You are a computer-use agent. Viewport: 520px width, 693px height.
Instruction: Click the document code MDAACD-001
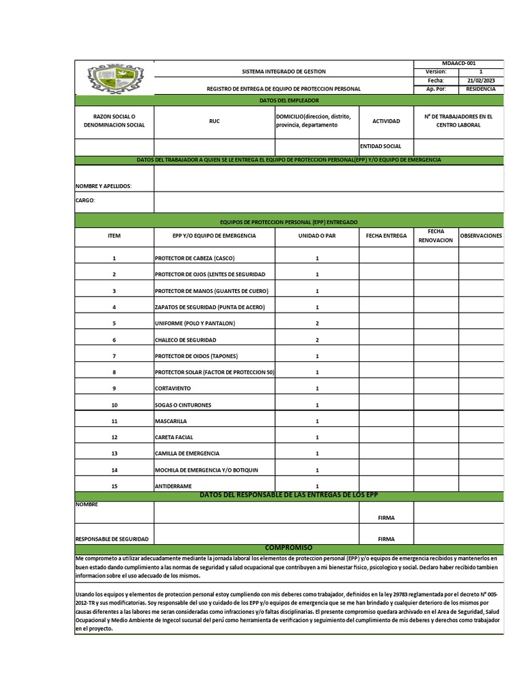point(458,63)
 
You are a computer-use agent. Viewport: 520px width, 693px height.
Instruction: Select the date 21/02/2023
point(481,80)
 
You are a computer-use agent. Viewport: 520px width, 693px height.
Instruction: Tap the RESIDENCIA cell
point(481,89)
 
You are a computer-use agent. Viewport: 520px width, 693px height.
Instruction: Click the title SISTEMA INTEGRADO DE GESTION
point(284,71)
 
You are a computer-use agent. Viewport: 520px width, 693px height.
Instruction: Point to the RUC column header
point(215,121)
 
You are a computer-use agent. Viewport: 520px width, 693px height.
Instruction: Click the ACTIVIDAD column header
point(386,121)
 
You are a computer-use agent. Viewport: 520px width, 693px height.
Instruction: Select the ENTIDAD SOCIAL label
point(381,146)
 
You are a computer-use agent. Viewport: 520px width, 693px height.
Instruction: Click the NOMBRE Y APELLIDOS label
point(104,185)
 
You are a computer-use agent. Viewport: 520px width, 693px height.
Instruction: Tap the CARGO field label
point(85,200)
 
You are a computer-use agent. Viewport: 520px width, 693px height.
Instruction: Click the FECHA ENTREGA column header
point(386,236)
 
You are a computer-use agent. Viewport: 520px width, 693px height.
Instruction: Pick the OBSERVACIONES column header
point(481,236)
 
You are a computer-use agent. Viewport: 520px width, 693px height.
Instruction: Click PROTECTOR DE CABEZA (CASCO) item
point(195,258)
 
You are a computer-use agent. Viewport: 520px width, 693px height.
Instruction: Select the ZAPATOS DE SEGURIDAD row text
point(209,307)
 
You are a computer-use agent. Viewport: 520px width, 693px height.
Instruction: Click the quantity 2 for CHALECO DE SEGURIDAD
point(317,340)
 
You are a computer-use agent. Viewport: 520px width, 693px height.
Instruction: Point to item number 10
point(114,405)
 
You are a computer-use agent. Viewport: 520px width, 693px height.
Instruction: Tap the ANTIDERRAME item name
point(173,486)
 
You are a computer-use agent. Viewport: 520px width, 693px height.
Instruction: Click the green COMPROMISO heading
point(288,547)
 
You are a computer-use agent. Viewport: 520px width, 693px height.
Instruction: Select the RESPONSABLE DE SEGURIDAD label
point(112,539)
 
